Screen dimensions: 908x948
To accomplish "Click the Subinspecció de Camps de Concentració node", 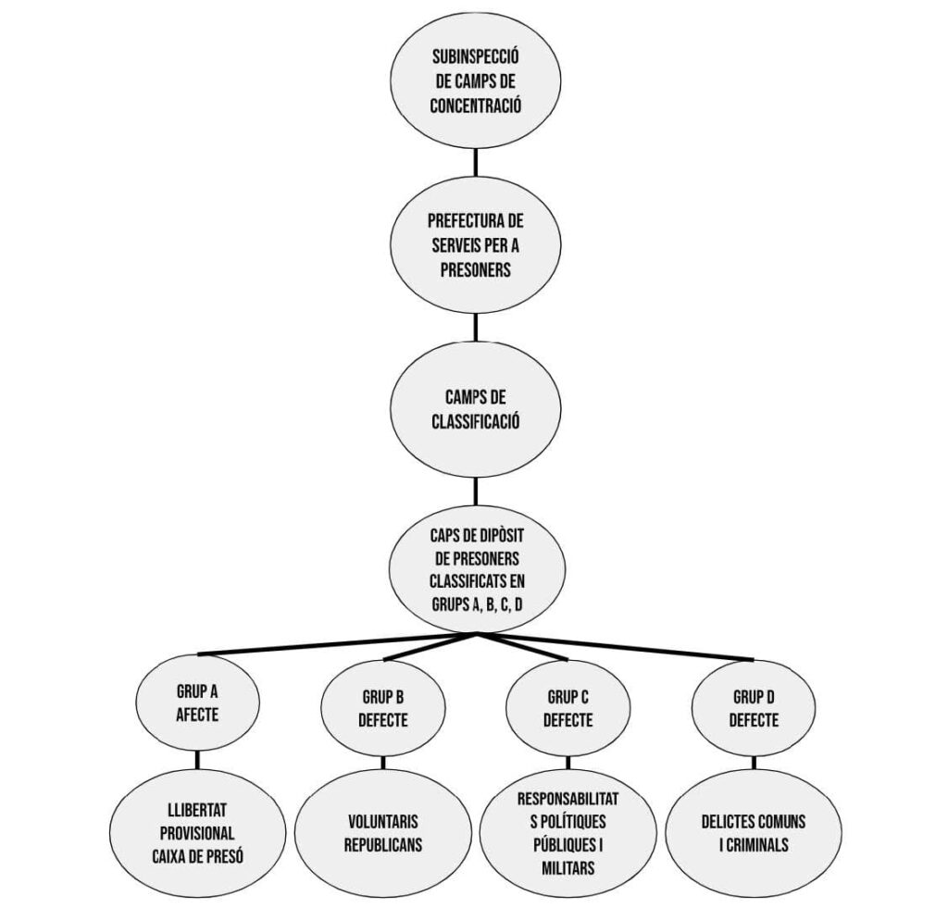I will (x=476, y=81).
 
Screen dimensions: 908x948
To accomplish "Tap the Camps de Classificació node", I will (x=476, y=410).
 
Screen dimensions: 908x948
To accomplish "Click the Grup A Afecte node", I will (x=197, y=703).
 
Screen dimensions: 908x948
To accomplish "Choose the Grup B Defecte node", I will (x=383, y=708).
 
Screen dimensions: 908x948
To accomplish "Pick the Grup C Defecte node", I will (x=568, y=708).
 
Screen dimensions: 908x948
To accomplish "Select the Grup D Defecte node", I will (x=754, y=708).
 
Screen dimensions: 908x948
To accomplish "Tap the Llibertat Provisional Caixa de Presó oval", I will (x=197, y=832).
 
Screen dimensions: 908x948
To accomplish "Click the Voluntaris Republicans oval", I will (x=383, y=832).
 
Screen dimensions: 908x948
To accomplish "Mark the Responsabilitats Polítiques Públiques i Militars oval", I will (x=568, y=832).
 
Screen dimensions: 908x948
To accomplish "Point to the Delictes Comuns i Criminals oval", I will (x=754, y=832).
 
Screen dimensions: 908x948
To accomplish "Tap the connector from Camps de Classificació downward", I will (x=476, y=491).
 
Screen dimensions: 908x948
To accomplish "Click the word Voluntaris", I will (x=383, y=820).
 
